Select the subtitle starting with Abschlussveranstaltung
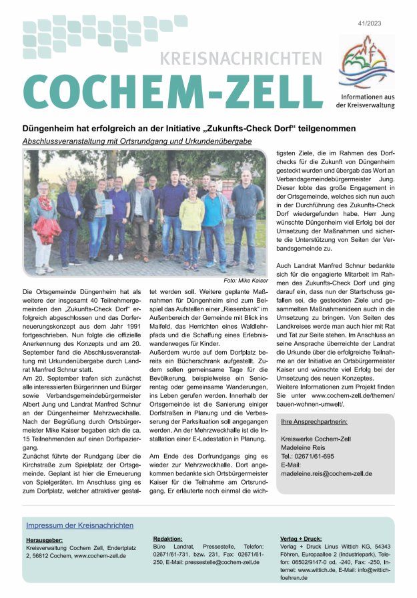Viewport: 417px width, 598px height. click(137, 141)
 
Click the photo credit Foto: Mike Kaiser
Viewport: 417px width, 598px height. click(246, 280)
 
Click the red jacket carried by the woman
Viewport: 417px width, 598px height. click(47, 229)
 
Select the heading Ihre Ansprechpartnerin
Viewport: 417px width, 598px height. click(314, 422)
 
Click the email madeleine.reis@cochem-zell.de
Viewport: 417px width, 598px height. click(326, 473)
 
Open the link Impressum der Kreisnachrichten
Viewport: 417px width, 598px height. click(79, 525)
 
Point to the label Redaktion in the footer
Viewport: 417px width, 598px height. click(167, 537)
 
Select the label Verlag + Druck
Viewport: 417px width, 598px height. click(302, 537)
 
